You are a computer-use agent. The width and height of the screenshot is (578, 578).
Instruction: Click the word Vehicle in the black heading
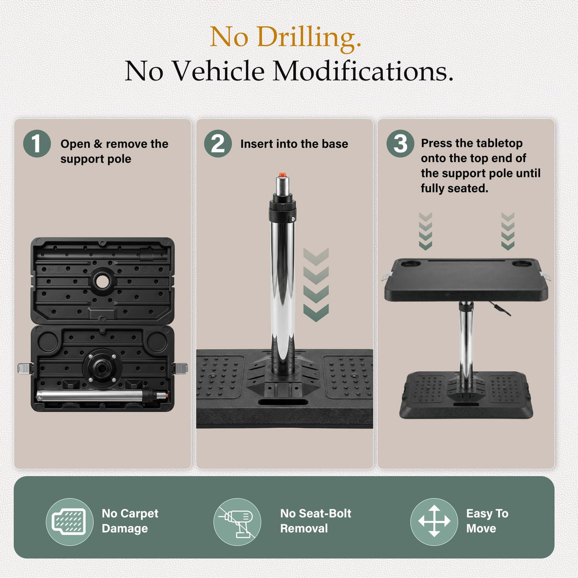pos(219,71)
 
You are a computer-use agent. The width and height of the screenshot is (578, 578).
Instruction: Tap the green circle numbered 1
pos(37,144)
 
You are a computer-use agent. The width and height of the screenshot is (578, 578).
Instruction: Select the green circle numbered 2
pos(218,144)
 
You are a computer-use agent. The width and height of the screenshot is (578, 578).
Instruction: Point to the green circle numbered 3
pos(400,144)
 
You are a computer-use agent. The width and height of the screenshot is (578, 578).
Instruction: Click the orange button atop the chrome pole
pos(282,174)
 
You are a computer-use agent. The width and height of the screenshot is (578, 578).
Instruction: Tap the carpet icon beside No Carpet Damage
pos(69,522)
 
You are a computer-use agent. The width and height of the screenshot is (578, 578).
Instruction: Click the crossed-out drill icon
pos(237,522)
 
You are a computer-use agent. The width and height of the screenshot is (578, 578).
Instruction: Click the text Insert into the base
pos(294,144)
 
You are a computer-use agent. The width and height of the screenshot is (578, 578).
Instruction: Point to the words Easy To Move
pos(487,521)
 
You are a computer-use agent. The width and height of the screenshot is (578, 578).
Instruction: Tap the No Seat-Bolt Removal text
pos(315,521)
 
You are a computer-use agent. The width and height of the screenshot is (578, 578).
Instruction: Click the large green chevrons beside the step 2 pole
pos(316,285)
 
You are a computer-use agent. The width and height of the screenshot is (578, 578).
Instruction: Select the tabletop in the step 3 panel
pos(466,279)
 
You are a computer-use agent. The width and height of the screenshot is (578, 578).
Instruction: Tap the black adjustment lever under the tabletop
pos(500,309)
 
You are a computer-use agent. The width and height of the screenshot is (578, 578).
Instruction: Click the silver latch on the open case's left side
pos(25,368)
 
